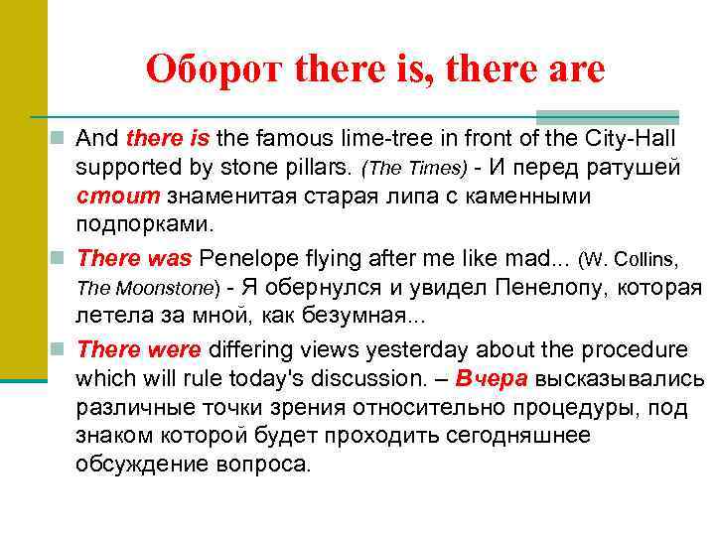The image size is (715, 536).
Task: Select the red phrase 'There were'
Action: [139, 349]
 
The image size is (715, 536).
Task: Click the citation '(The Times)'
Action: [404, 166]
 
